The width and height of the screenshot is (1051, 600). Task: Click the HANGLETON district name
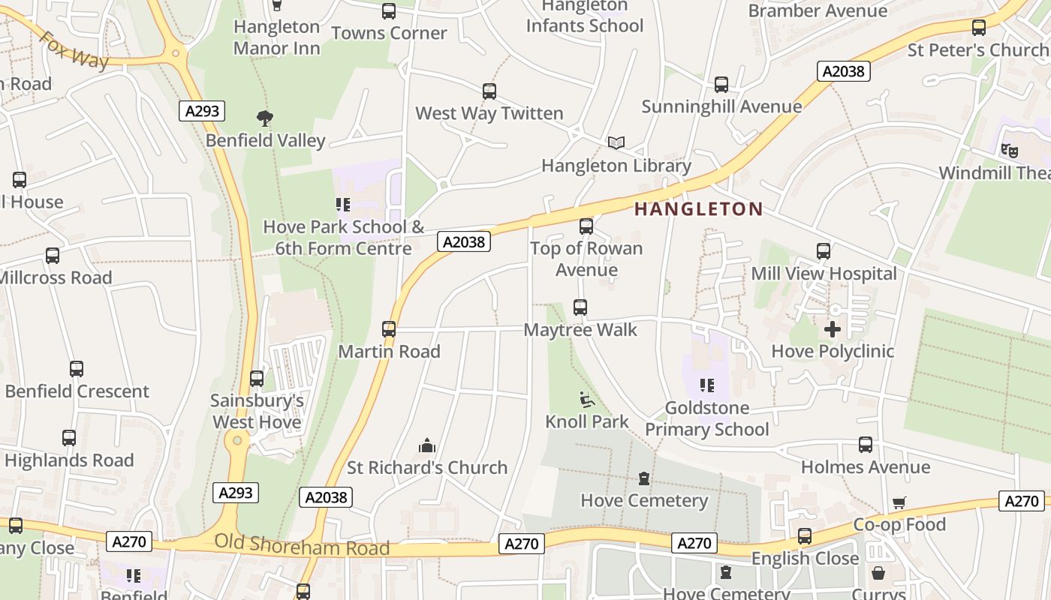699,209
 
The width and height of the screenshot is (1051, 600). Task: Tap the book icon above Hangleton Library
616,142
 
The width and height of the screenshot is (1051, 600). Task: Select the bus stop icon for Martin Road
389,329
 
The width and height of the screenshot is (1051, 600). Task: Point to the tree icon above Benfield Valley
264,118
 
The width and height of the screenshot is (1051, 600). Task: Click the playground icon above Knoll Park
587,400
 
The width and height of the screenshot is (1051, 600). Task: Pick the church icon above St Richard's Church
427,446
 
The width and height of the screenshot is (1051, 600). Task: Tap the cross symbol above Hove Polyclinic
833,329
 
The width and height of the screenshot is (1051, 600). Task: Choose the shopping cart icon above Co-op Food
899,503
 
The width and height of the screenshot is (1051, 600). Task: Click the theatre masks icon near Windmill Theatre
1010,150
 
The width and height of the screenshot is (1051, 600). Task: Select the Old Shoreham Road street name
302,545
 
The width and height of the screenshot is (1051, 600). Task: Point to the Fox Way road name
74,50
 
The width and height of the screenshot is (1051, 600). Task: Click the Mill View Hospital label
824,274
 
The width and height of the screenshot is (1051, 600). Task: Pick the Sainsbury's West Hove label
257,412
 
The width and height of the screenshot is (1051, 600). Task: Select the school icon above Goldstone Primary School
706,385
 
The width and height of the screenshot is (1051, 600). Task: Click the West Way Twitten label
489,113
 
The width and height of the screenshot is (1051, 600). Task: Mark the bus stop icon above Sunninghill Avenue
721,85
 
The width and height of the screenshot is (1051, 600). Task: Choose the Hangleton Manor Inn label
276,37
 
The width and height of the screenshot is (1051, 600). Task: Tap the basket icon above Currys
878,574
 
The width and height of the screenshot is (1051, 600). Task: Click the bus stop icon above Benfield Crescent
77,369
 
